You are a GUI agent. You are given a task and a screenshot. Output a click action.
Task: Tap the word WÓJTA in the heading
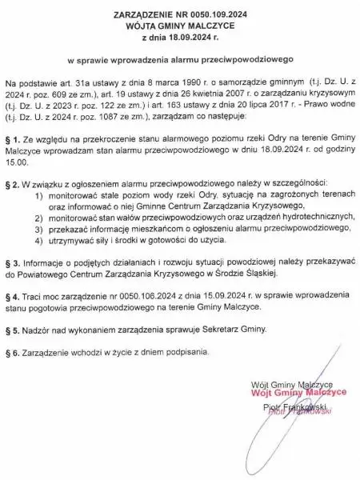pos(145,26)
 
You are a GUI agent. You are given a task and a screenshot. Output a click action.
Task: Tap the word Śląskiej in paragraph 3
pos(255,274)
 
